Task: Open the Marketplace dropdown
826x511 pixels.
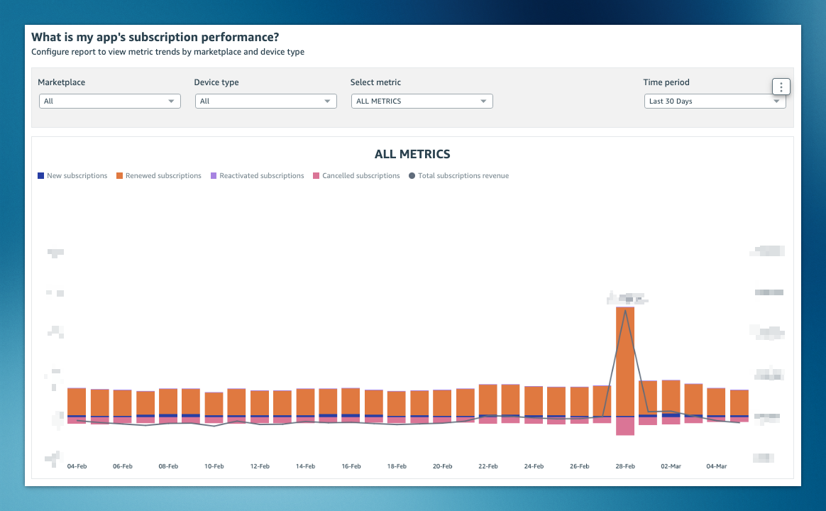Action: [x=109, y=101]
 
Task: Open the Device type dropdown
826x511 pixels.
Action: [x=265, y=101]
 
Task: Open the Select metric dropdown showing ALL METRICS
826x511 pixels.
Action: [x=422, y=101]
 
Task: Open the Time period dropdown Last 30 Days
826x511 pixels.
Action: [x=714, y=101]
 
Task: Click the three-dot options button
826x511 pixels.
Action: [x=781, y=87]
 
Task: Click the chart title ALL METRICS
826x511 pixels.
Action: [x=412, y=154]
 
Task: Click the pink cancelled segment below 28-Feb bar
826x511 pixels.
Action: [x=625, y=426]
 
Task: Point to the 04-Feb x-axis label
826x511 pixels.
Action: [x=77, y=467]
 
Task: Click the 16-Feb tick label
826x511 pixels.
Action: [x=351, y=467]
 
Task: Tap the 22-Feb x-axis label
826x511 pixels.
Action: [x=488, y=467]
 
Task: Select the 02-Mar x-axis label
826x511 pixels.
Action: [x=671, y=467]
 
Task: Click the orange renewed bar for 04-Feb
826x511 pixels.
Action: [x=77, y=402]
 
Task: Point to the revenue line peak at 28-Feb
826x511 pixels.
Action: [x=625, y=309]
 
